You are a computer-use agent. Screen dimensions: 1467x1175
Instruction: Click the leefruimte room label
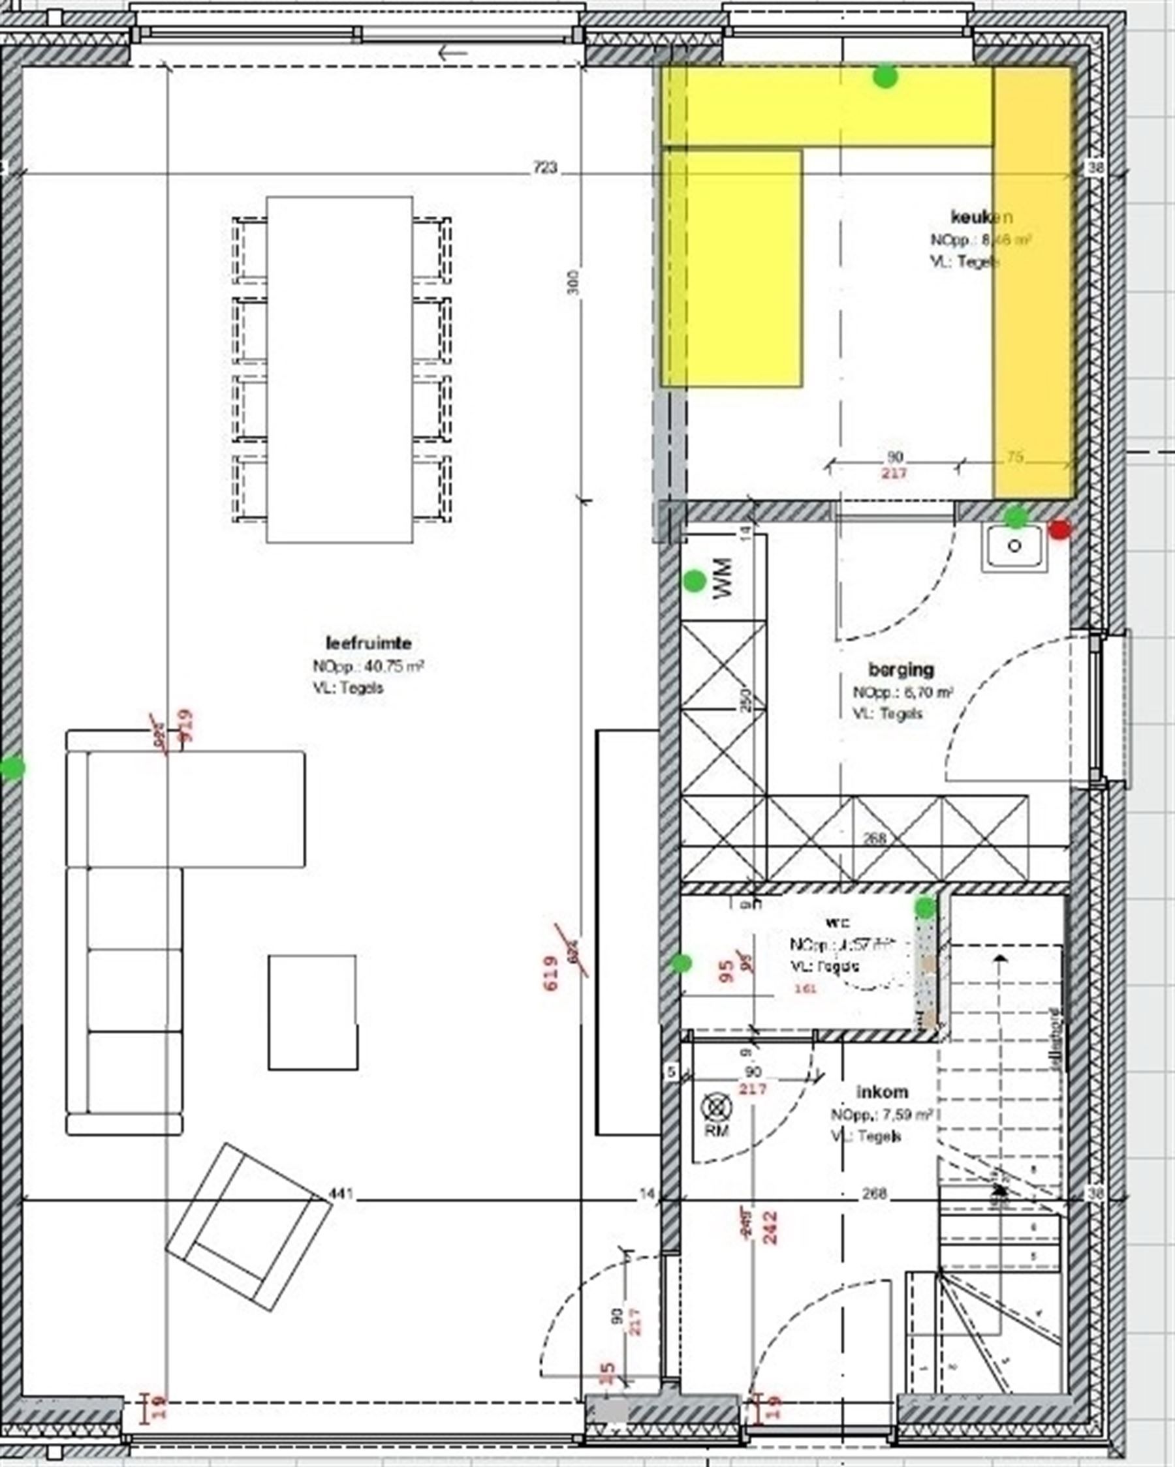click(x=368, y=643)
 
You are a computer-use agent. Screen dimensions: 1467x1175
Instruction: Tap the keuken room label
click(x=981, y=217)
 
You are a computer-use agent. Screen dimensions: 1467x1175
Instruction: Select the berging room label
click(x=901, y=669)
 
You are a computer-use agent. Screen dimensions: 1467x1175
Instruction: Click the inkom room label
click(x=882, y=1092)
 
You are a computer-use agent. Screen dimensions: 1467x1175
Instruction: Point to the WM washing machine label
click(x=723, y=579)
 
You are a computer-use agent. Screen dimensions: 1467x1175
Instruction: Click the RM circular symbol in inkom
click(x=716, y=1108)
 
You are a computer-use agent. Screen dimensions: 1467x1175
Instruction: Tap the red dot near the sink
click(x=1059, y=530)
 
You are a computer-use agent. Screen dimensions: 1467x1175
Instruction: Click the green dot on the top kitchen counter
click(x=885, y=76)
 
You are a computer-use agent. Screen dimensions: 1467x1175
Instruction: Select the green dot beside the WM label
click(x=695, y=581)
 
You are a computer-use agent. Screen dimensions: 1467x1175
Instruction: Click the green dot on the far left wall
click(x=12, y=768)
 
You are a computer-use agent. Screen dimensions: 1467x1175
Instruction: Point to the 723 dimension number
click(x=544, y=167)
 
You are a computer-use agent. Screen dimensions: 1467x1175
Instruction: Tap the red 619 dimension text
click(x=552, y=973)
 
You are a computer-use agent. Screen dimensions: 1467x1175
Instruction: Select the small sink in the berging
click(x=1014, y=547)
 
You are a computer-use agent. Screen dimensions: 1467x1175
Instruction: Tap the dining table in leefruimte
click(x=339, y=369)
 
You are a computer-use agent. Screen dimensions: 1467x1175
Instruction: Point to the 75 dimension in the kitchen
click(x=1014, y=457)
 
